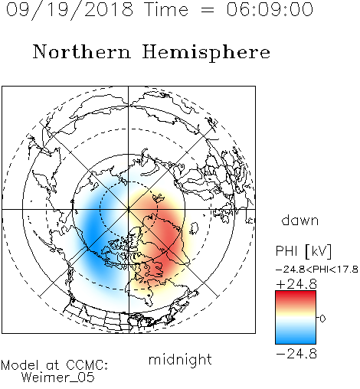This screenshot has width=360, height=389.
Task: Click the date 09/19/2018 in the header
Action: point(70,10)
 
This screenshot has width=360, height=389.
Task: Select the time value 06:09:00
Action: point(270,9)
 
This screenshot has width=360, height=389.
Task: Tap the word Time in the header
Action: point(166,9)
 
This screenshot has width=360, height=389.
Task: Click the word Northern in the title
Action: point(82,51)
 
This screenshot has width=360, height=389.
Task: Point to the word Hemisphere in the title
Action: point(206,53)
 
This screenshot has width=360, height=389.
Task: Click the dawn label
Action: point(300,220)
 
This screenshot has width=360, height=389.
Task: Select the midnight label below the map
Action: point(180,360)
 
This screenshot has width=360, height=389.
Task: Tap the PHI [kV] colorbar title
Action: point(303,251)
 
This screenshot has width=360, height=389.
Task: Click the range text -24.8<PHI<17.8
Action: point(317,270)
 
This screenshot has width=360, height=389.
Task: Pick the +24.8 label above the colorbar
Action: point(296,284)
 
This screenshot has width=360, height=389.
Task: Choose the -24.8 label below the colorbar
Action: point(296,354)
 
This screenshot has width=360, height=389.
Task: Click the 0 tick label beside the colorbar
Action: point(322,319)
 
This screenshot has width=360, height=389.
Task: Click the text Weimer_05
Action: point(58,378)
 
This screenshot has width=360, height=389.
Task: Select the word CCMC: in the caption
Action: point(87,365)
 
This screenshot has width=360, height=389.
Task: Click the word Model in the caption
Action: point(20,365)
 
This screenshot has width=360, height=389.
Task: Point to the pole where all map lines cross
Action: point(129,209)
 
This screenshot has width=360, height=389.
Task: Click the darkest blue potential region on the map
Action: point(93,234)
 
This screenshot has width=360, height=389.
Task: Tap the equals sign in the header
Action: point(208,10)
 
